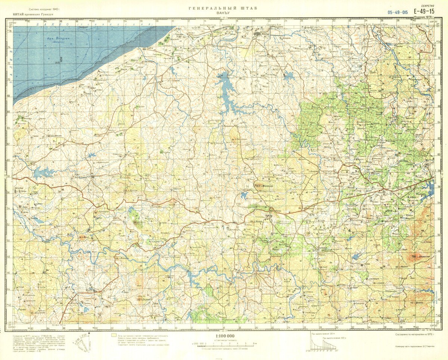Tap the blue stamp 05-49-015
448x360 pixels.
click(398, 12)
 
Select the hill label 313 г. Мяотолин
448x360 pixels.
click(264, 187)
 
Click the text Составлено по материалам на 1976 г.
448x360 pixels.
click(414, 334)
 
